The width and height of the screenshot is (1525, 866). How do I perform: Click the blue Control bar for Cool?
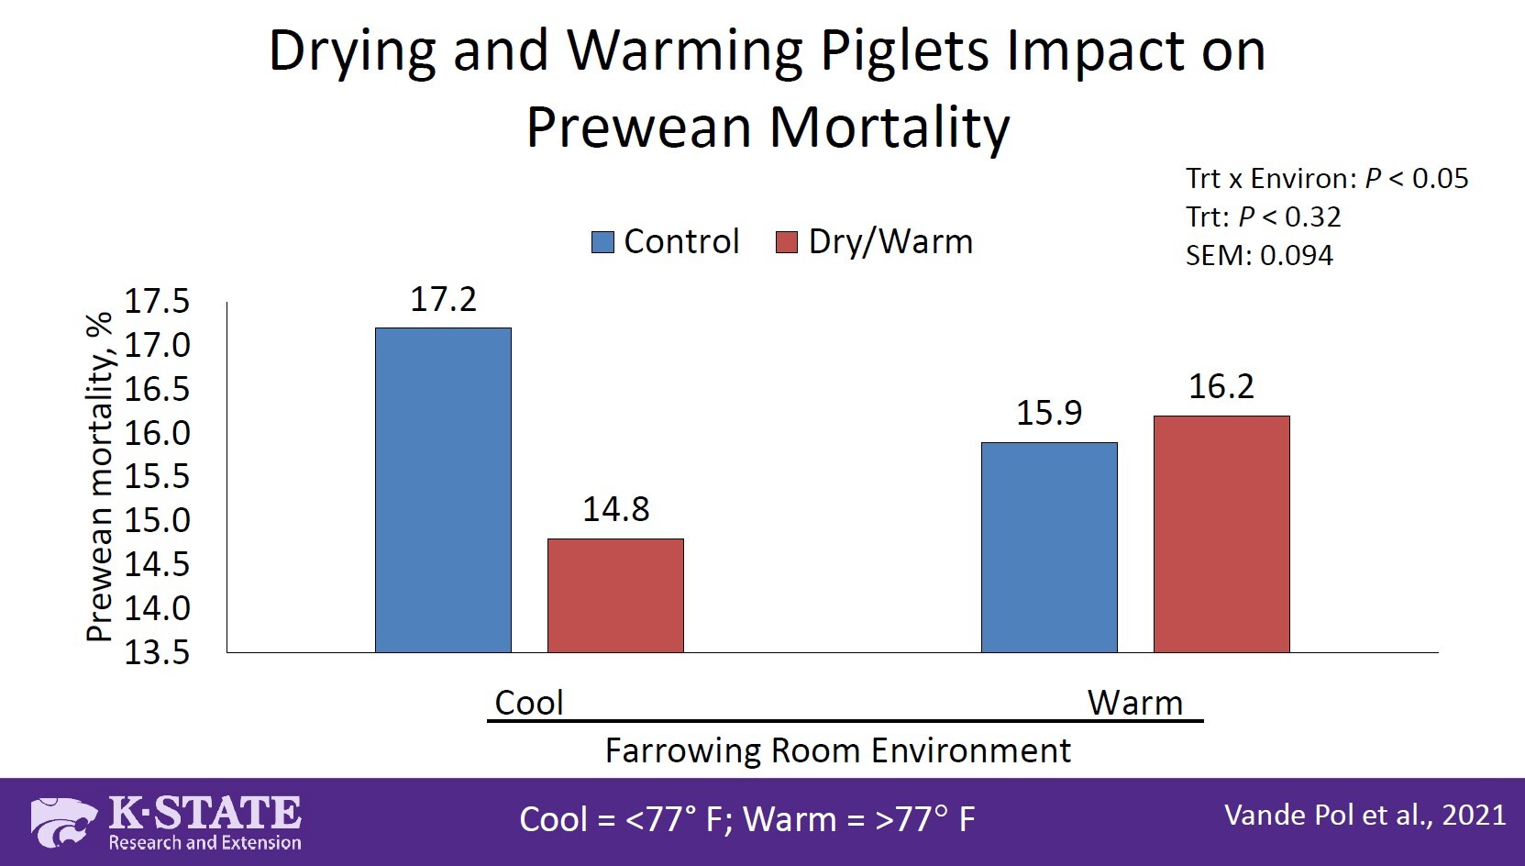(443, 490)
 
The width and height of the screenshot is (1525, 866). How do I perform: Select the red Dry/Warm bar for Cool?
(615, 595)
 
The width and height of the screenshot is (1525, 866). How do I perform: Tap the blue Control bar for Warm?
(1049, 548)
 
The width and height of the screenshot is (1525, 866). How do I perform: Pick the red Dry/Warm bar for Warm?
(1221, 534)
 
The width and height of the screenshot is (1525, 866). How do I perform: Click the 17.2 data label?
(443, 300)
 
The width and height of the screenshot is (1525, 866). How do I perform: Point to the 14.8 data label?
(615, 510)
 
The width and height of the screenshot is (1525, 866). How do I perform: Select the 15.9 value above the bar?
(1049, 414)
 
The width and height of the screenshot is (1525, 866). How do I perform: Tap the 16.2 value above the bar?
(1221, 387)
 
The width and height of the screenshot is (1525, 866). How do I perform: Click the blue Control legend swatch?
(602, 242)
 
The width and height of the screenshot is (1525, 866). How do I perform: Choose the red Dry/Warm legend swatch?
(787, 242)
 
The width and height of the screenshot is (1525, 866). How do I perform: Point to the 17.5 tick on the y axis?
(157, 301)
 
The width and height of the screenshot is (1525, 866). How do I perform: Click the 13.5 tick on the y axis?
(157, 652)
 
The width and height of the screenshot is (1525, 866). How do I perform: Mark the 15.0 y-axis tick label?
(157, 520)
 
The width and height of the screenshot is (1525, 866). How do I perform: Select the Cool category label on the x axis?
(528, 703)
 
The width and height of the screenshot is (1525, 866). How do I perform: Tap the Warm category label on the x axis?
(1134, 703)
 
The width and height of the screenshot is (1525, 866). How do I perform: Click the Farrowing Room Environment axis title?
(837, 750)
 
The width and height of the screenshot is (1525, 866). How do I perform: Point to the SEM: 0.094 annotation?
(1258, 255)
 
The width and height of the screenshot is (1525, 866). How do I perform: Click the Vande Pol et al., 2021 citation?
(1365, 816)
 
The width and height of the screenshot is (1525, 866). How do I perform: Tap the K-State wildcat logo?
(63, 821)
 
